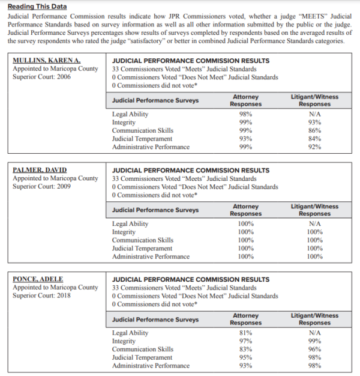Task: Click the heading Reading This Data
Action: point(37,6)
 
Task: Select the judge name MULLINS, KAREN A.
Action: point(46,61)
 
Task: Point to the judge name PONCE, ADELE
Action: point(38,279)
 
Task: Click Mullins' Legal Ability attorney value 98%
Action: point(246,114)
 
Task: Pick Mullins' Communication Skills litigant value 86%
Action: point(315,130)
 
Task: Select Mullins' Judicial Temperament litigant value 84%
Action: point(315,139)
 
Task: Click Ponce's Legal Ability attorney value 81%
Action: point(246,333)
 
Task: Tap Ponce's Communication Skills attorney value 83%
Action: point(246,349)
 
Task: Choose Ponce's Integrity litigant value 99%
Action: point(315,341)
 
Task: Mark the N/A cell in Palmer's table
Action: point(315,223)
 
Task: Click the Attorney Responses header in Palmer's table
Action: point(246,210)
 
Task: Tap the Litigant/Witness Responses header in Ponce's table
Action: point(315,319)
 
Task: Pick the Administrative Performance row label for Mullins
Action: point(151,147)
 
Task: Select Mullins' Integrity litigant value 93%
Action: point(315,123)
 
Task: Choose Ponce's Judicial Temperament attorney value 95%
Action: point(246,357)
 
